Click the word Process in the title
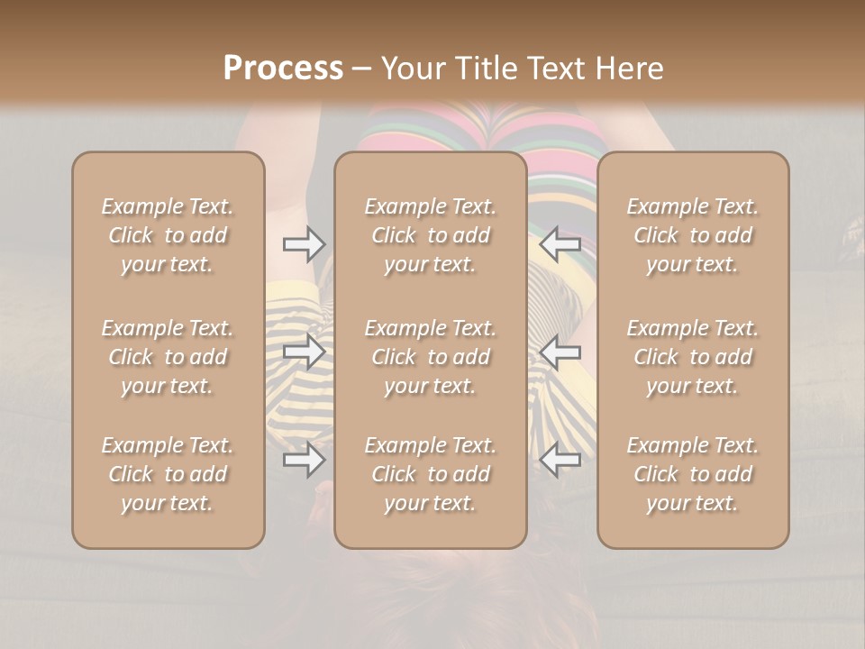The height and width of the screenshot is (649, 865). tap(283, 69)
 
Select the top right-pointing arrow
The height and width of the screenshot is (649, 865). tap(305, 244)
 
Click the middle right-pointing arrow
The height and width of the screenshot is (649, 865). tap(305, 352)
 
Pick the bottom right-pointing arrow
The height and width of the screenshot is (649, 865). tap(305, 460)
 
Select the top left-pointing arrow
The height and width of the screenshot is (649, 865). tap(560, 244)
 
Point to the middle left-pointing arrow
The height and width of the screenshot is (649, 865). tap(560, 352)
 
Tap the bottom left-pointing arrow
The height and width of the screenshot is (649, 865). tap(560, 460)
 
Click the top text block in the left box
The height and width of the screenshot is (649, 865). tap(168, 235)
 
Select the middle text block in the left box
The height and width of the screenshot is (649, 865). tap(168, 357)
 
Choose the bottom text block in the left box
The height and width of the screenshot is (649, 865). tap(168, 474)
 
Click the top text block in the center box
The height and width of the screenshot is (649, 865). tap(430, 235)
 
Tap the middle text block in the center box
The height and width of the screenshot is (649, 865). tap(430, 357)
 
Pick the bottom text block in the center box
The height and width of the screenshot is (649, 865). tap(430, 474)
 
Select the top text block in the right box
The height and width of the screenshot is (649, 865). tap(693, 235)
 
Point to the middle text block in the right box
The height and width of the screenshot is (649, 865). tap(693, 357)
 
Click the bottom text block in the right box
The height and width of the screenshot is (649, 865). tap(693, 474)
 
